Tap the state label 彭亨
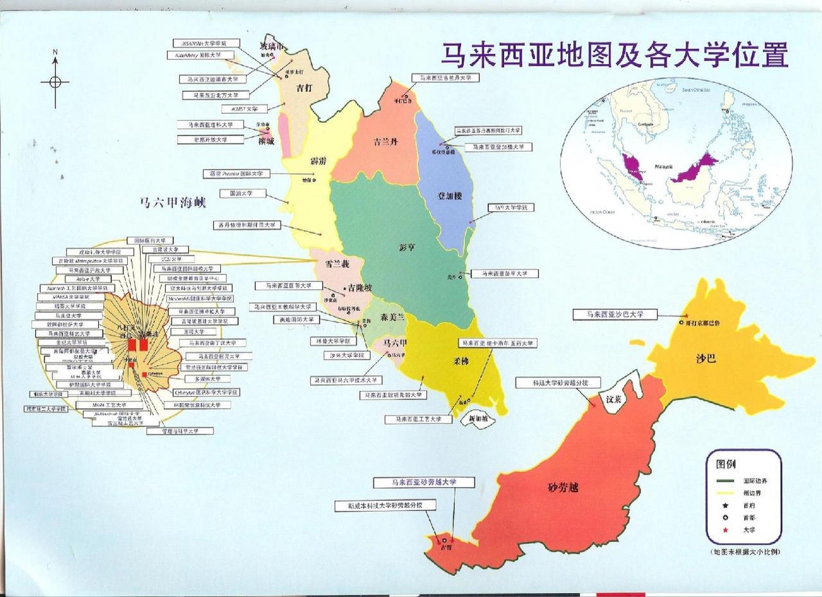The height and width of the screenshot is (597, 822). click(x=407, y=247)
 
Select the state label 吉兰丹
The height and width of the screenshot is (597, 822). click(x=385, y=141)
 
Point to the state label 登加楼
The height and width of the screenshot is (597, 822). click(x=450, y=196)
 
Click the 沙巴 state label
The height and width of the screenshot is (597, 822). click(x=705, y=358)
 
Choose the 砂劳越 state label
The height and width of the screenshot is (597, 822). click(x=563, y=488)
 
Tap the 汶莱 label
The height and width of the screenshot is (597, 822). click(x=613, y=399)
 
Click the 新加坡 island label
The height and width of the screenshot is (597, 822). click(x=478, y=419)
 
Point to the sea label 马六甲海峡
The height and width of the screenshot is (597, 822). click(x=173, y=202)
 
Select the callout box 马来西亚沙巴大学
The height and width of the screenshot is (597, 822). click(x=614, y=314)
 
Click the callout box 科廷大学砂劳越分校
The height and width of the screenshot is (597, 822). click(x=557, y=383)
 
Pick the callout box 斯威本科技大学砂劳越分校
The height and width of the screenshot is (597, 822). click(x=385, y=505)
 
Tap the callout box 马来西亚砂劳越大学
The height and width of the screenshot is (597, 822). click(x=424, y=482)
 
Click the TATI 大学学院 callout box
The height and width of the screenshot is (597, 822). click(x=510, y=208)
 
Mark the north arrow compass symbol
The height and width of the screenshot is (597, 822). click(x=55, y=82)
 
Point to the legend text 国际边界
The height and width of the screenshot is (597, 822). click(x=755, y=480)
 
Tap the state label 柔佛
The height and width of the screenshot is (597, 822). click(x=461, y=361)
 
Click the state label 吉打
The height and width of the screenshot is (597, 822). click(x=304, y=87)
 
